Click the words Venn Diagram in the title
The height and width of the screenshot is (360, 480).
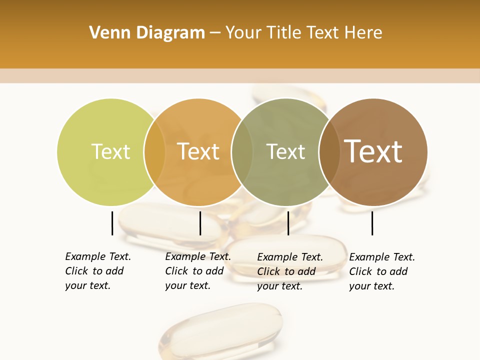(x=147, y=33)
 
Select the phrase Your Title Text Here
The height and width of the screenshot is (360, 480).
(x=303, y=33)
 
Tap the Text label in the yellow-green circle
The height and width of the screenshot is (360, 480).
(x=110, y=151)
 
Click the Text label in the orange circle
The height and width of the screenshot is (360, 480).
(x=198, y=151)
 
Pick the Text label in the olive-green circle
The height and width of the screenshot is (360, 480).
(x=285, y=151)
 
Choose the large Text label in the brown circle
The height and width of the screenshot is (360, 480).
(x=373, y=151)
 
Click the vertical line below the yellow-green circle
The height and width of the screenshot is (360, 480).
(x=112, y=223)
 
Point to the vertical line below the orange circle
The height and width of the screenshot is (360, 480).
(x=200, y=223)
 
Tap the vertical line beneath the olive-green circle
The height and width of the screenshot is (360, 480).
(x=288, y=223)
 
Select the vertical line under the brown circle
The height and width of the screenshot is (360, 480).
(x=372, y=223)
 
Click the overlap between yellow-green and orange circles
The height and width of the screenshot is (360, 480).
(x=154, y=152)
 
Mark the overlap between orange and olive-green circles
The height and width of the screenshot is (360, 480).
(x=242, y=152)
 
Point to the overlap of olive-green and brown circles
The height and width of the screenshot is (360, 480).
(x=329, y=152)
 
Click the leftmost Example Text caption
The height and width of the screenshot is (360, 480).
(x=97, y=271)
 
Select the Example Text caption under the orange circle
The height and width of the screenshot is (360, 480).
(x=197, y=271)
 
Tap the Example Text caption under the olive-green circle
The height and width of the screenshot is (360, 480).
(x=289, y=271)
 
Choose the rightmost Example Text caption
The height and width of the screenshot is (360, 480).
(x=381, y=271)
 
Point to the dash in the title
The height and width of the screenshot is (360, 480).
(x=215, y=33)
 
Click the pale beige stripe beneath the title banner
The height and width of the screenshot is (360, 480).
(x=240, y=75)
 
